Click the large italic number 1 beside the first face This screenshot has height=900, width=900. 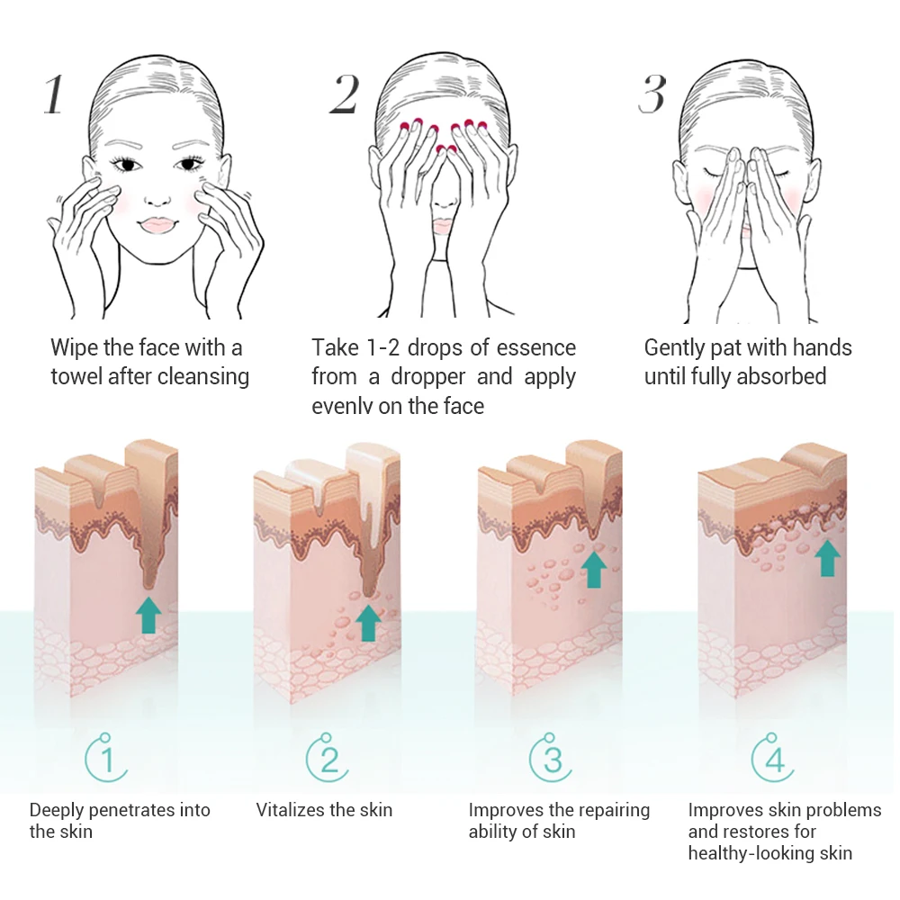coord(54,94)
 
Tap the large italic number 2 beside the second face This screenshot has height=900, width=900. coord(345,94)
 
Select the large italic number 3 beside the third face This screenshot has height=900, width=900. coord(652,94)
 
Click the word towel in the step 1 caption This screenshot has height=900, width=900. coord(76,376)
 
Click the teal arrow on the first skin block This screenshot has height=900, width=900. coord(148,614)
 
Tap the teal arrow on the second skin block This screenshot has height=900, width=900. coord(368,622)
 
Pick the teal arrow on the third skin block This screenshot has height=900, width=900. coord(593,568)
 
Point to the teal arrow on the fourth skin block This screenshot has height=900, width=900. coord(827,557)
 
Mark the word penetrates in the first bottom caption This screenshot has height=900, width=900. coord(125,811)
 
